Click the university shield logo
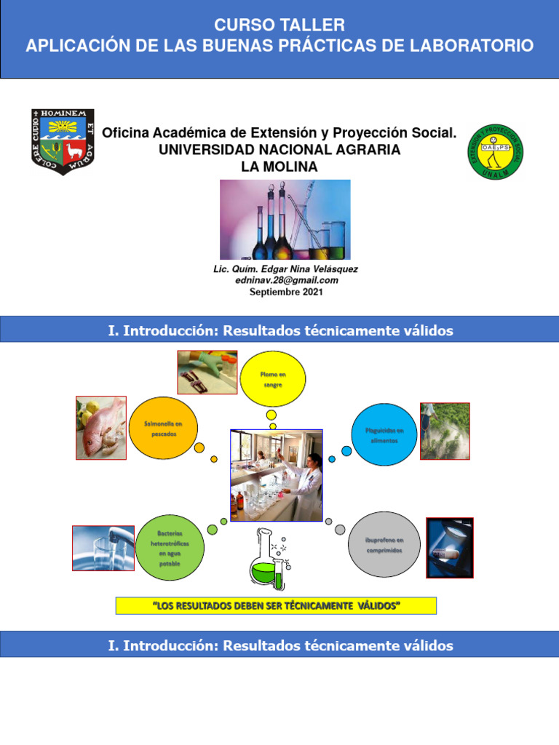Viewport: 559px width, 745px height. tap(63, 141)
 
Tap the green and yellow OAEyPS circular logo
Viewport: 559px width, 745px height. tap(496, 151)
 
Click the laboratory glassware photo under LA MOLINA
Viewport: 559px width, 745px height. tap(285, 219)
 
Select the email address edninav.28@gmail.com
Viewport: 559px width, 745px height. tap(286, 280)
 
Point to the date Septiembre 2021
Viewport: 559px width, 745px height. tap(286, 292)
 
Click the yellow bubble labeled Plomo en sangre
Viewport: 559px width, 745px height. tap(272, 378)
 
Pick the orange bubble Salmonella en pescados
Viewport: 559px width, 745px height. tap(164, 429)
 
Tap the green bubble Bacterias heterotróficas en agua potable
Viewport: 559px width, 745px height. tap(170, 548)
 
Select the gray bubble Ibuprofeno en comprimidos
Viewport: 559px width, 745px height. tap(384, 545)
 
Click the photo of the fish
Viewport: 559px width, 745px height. tap(101, 427)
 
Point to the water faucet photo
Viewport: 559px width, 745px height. tap(103, 548)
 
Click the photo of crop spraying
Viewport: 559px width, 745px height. tap(445, 431)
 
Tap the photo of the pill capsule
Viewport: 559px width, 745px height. tap(449, 548)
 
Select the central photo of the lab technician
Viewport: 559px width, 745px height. tap(277, 475)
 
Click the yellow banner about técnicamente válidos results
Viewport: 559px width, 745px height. tap(276, 606)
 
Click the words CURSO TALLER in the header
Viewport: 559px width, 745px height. tap(279, 25)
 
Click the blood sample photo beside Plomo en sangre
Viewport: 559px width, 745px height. tap(207, 372)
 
